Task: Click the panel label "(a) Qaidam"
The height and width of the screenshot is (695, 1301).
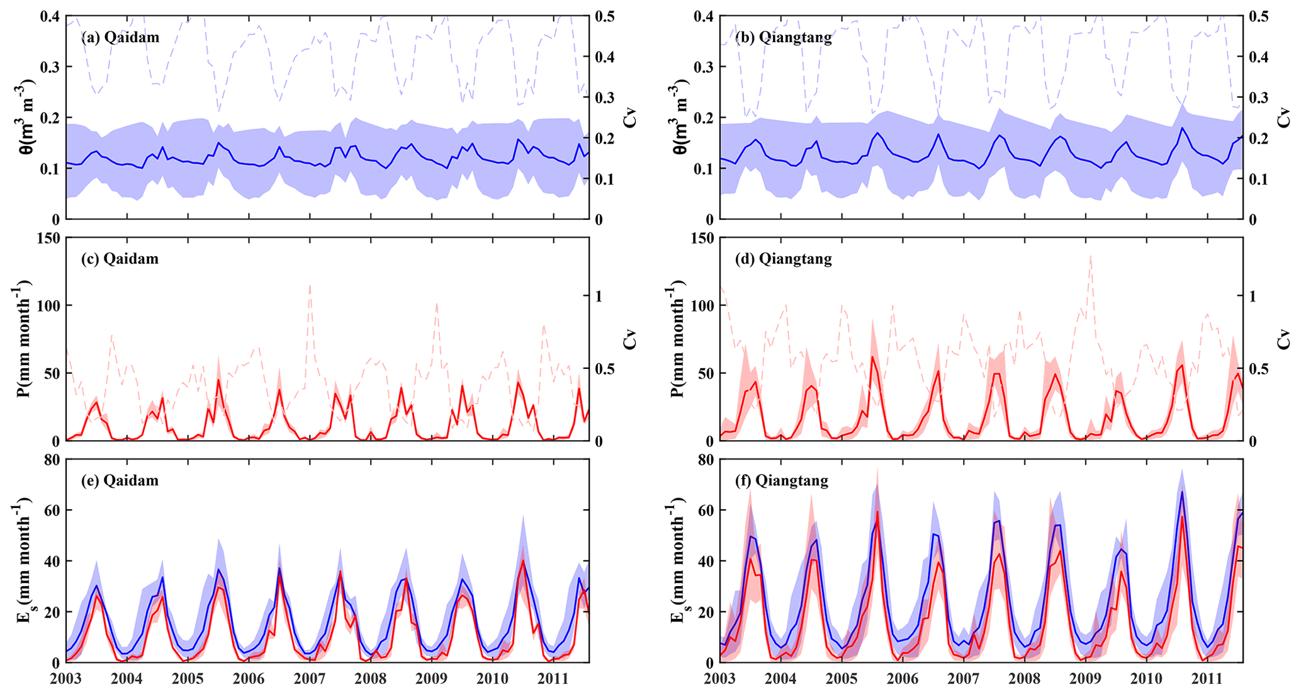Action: tap(120, 37)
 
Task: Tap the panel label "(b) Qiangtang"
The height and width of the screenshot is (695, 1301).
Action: tap(783, 37)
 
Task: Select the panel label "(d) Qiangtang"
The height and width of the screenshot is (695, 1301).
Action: tap(783, 259)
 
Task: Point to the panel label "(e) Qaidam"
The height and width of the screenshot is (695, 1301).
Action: tap(120, 480)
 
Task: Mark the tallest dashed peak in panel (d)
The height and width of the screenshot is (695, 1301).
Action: tap(1090, 254)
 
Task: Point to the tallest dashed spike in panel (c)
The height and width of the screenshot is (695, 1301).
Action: tap(310, 285)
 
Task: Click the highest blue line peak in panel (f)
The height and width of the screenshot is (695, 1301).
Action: tap(1182, 492)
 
